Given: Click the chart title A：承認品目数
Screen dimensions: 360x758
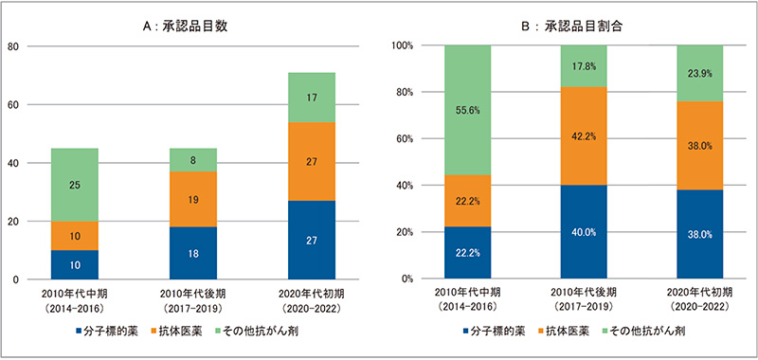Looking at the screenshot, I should pyautogui.click(x=189, y=26).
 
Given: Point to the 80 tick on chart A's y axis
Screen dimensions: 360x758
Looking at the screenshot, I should pyautogui.click(x=13, y=45).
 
